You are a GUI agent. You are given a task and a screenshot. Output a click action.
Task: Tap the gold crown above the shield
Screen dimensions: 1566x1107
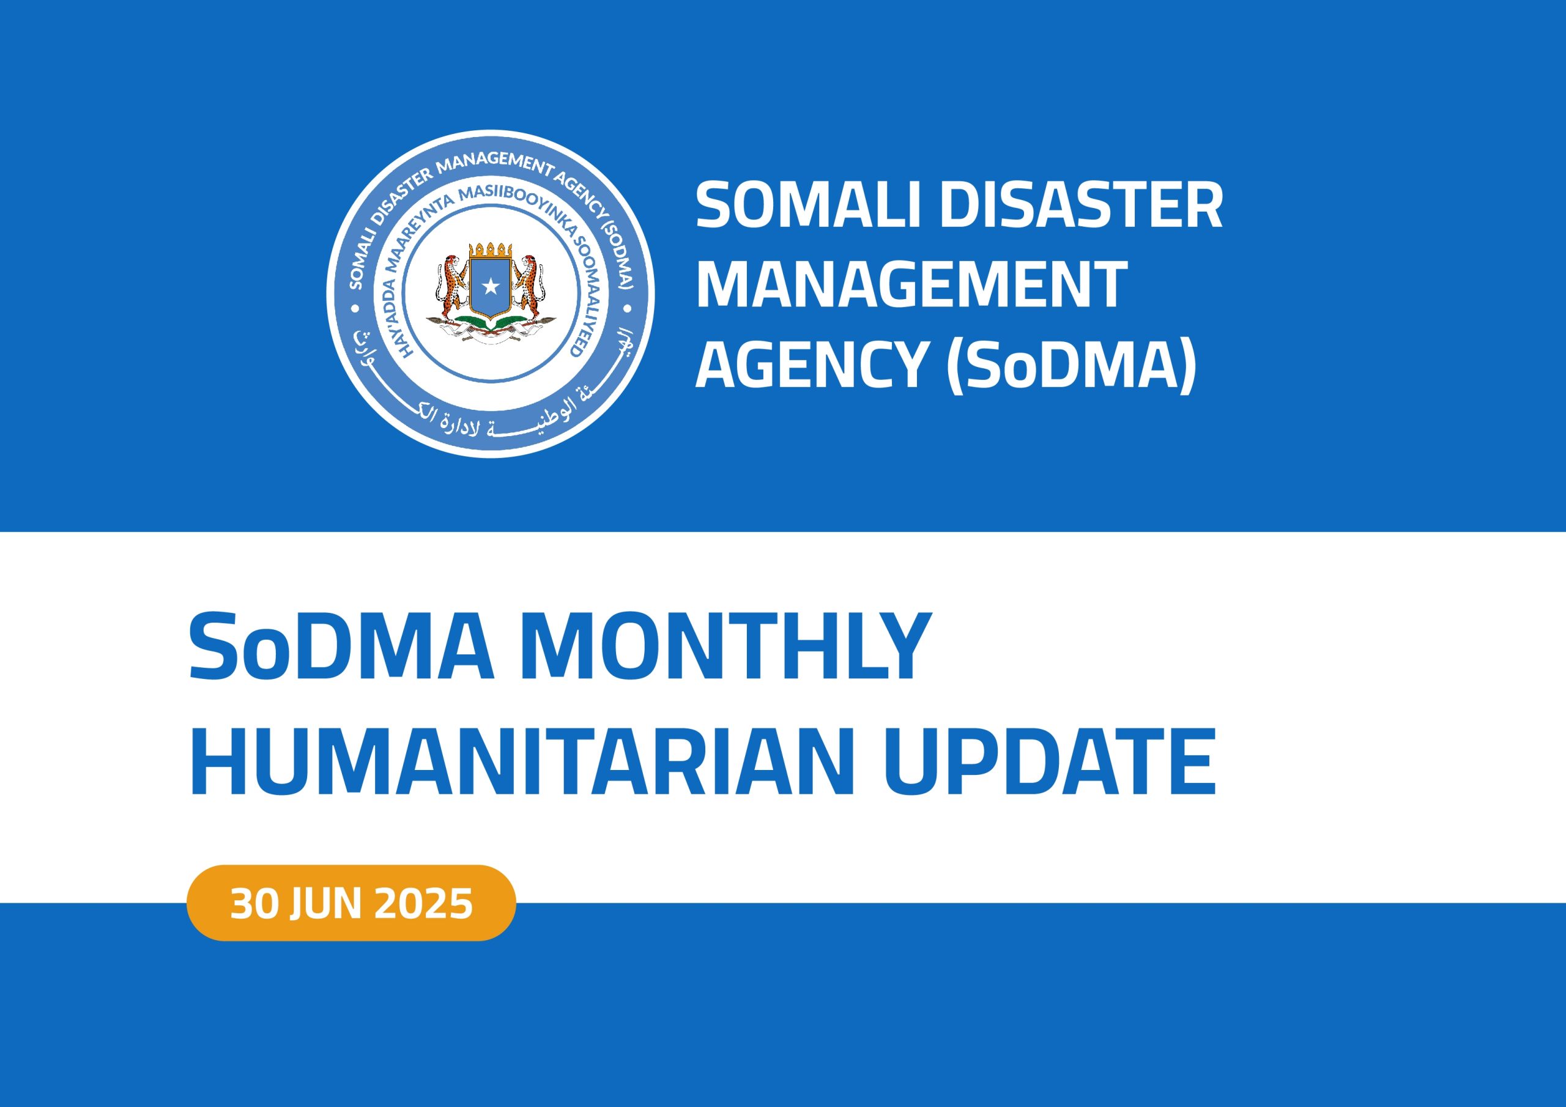491,249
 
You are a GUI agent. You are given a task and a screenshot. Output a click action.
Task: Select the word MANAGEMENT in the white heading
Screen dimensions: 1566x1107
911,286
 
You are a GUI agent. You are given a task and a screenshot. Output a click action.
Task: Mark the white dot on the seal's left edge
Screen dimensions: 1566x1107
354,309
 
